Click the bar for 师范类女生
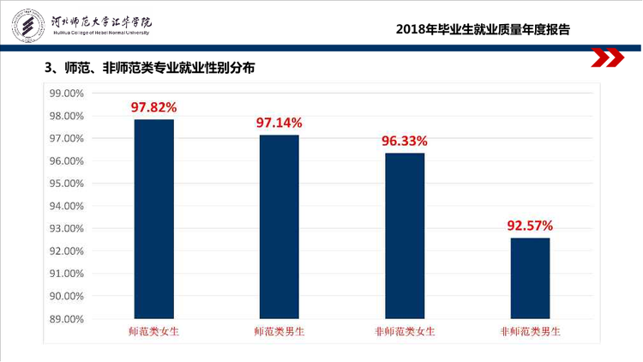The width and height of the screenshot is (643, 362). pos(153,219)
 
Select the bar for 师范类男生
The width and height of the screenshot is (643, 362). pos(279,227)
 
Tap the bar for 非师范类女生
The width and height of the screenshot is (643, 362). pos(405,236)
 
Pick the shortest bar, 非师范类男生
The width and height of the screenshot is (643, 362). pos(530,278)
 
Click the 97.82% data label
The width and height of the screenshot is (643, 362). pos(153,107)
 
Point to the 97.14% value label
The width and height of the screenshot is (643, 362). pos(279,123)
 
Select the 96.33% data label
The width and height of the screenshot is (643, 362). pos(405,142)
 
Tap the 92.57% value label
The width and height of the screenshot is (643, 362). pos(530,226)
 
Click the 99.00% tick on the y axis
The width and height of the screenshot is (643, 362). pos(66,94)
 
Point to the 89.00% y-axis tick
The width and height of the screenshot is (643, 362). pos(66,319)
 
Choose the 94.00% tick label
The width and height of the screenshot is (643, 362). pos(66,206)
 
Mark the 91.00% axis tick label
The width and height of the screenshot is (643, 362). pos(66,274)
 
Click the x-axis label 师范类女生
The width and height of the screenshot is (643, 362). pos(153,332)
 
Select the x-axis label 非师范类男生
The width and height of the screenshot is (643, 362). pos(530,332)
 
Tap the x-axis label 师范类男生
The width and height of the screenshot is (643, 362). pos(279,332)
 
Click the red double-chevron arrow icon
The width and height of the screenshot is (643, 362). pos(607,57)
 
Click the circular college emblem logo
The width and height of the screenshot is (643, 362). pos(28,26)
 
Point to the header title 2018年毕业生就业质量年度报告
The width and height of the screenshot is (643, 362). pos(483,29)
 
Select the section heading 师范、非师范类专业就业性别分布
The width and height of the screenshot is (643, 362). pos(159,68)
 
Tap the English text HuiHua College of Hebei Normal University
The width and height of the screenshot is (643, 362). pos(101,33)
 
